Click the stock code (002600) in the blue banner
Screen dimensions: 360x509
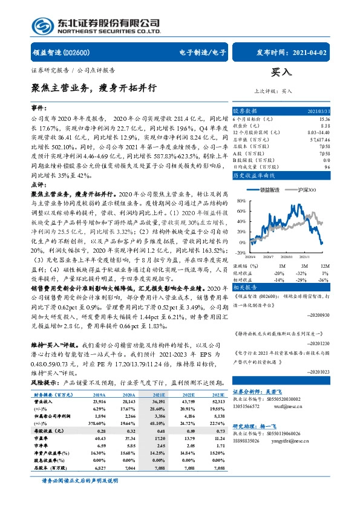click(x=77, y=53)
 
